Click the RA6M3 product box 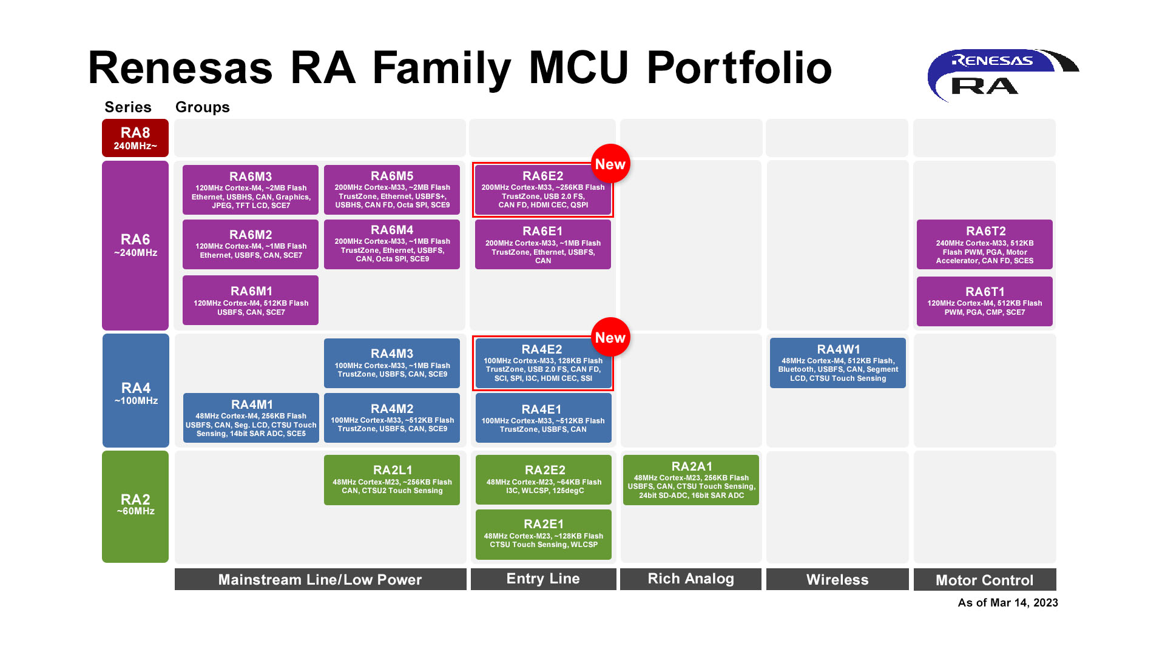250,190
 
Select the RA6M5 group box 392,190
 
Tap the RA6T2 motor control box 984,244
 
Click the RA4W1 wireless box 837,363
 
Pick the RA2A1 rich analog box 691,480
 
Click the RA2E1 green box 543,534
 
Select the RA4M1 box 251,418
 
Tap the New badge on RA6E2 610,164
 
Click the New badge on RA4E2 610,338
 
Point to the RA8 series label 135,138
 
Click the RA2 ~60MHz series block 135,506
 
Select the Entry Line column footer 543,579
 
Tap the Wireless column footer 837,580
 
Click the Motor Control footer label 984,580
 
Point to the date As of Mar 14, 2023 1007,603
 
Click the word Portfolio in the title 739,68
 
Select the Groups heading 202,107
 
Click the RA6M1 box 250,300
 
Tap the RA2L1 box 392,480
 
